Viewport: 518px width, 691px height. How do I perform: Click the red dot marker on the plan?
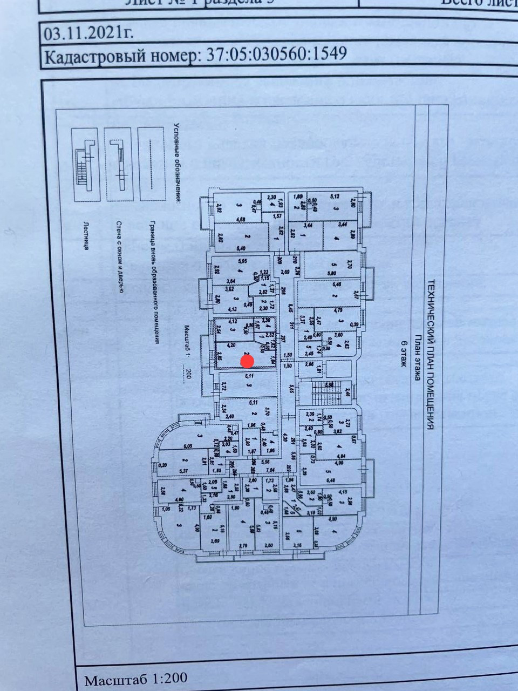click(x=247, y=360)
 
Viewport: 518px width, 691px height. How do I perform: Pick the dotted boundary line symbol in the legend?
click(x=151, y=164)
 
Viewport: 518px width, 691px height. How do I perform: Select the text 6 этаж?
click(x=403, y=354)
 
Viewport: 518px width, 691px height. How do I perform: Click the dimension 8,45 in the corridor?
click(x=291, y=308)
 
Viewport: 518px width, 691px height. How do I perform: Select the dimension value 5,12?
click(x=335, y=197)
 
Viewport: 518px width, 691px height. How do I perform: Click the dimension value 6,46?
click(x=338, y=284)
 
